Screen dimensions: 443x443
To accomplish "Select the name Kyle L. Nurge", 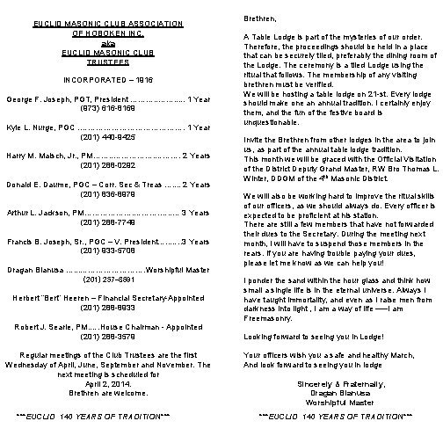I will [33, 127].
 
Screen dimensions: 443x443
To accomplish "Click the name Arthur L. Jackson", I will [38, 212].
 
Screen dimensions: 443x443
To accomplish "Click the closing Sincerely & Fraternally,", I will [332, 384].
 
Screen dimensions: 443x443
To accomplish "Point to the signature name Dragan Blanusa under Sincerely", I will [332, 392].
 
